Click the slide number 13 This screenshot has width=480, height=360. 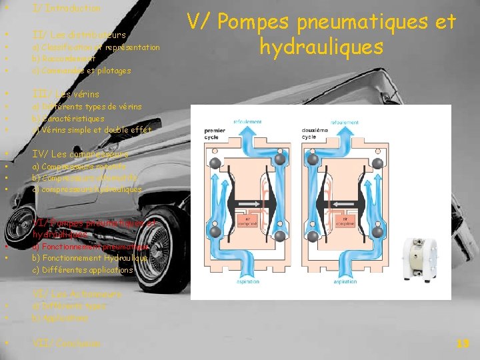click(463, 343)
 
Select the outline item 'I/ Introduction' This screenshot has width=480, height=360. click(66, 9)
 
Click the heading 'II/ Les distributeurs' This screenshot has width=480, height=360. click(79, 34)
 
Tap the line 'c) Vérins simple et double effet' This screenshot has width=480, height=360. click(92, 129)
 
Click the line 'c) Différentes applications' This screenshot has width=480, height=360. click(83, 270)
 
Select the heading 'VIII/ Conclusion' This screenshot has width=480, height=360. click(67, 343)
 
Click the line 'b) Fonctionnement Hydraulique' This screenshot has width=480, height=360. click(90, 258)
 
